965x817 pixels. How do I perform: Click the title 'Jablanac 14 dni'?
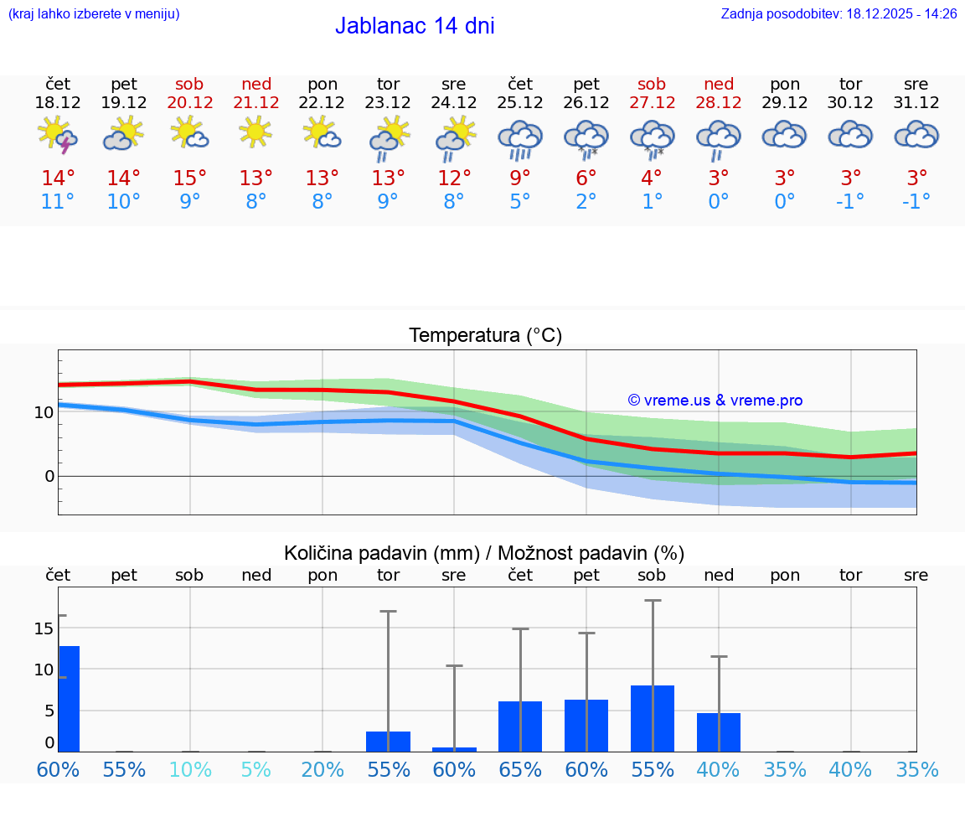(x=415, y=26)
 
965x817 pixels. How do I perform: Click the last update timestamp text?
(x=839, y=13)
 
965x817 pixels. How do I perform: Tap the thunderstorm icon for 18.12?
(x=58, y=136)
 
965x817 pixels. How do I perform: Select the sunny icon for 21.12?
(x=255, y=132)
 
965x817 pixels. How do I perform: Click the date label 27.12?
(x=652, y=102)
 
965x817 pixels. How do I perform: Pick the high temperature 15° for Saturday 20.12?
(x=190, y=178)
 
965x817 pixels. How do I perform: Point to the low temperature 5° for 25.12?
(x=520, y=202)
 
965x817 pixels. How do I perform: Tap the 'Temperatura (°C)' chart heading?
(x=485, y=336)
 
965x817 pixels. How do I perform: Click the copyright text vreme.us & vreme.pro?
(x=715, y=401)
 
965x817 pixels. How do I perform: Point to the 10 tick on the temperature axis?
(x=44, y=412)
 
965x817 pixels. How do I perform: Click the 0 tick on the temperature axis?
(x=49, y=476)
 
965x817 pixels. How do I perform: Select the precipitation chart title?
(x=484, y=553)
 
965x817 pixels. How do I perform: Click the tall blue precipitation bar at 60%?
(x=69, y=699)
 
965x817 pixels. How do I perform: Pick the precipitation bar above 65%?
(x=520, y=727)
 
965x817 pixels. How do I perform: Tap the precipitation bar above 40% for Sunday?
(x=719, y=732)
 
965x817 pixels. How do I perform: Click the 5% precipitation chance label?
(x=256, y=769)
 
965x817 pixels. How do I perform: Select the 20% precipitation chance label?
(x=323, y=769)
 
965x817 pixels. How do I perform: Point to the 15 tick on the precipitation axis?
(x=44, y=628)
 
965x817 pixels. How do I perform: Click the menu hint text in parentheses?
(x=94, y=13)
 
